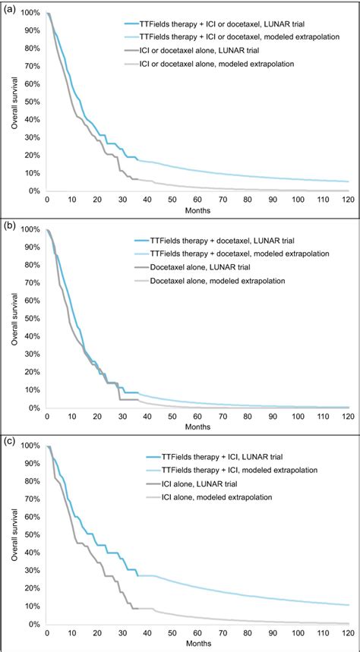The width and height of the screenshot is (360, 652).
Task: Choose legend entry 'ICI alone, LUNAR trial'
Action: pyautogui.click(x=227, y=483)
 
